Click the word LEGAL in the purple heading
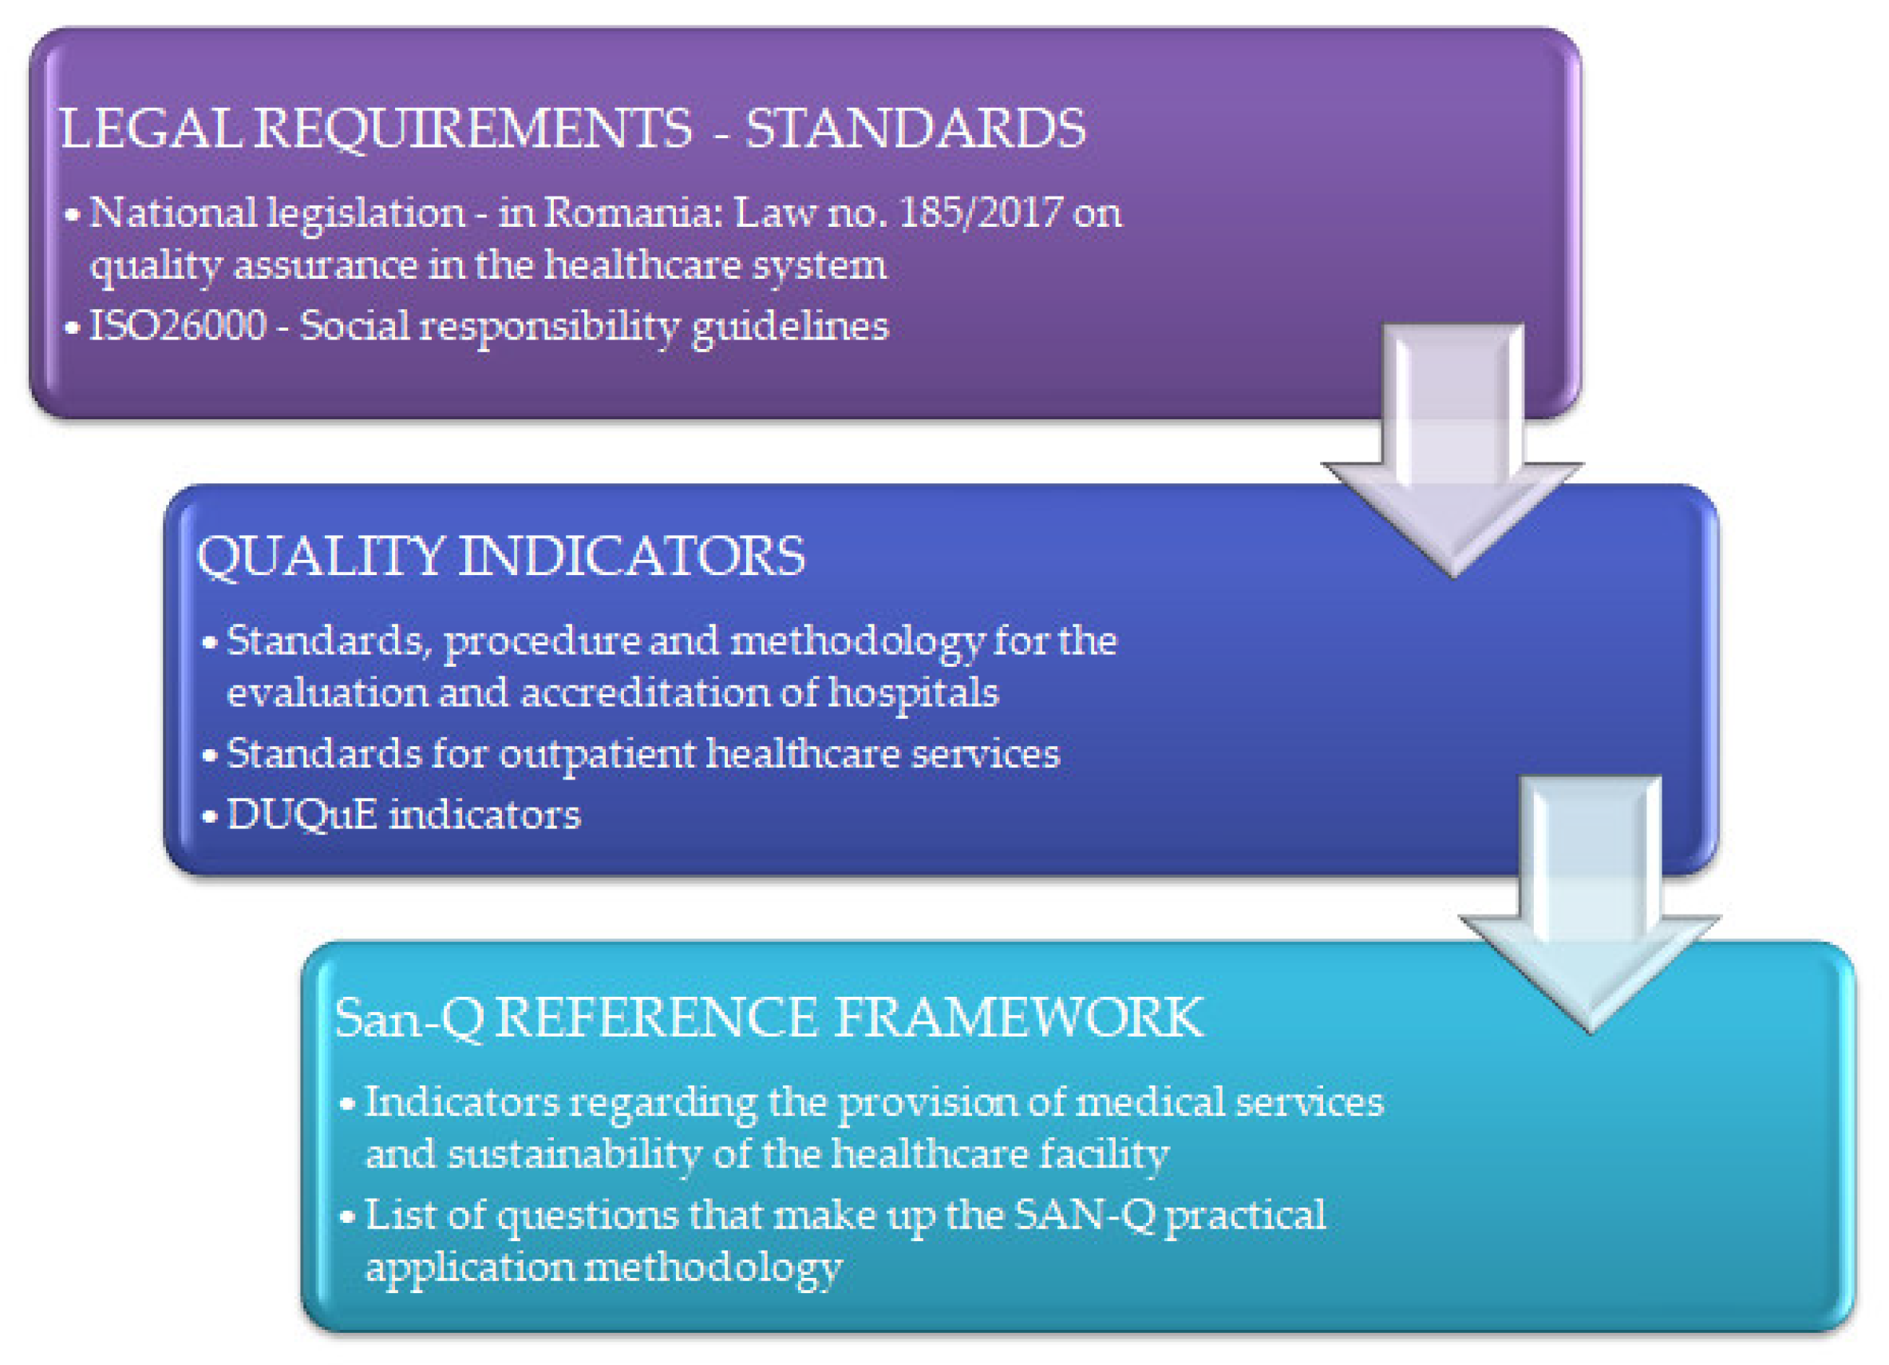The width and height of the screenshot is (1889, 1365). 151,129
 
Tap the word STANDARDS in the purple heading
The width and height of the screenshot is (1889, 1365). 915,129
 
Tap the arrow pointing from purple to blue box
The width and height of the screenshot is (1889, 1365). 1453,450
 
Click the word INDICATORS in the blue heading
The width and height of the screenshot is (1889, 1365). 632,556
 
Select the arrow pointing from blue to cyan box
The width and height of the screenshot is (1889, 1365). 1590,905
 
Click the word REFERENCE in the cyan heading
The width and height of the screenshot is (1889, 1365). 656,1018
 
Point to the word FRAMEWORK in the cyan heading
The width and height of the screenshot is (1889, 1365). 1018,1018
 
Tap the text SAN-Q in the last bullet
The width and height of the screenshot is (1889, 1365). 1086,1216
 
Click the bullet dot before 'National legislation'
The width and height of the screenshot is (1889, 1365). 73,216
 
